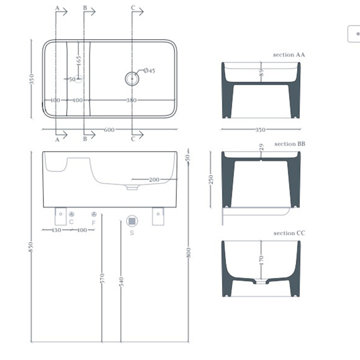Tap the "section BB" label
[290, 144]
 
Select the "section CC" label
[290, 233]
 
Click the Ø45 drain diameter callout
[149, 70]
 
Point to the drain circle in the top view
[132, 78]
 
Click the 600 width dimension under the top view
[109, 130]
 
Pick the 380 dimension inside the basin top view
[132, 100]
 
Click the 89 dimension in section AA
[261, 73]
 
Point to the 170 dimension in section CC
[261, 260]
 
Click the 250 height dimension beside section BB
[211, 179]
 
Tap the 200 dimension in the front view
[154, 179]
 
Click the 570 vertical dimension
[102, 279]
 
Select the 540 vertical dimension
[121, 282]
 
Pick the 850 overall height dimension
[31, 247]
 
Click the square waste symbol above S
[132, 221]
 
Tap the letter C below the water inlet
[71, 222]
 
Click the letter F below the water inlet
[94, 223]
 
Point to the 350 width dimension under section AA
[261, 130]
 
